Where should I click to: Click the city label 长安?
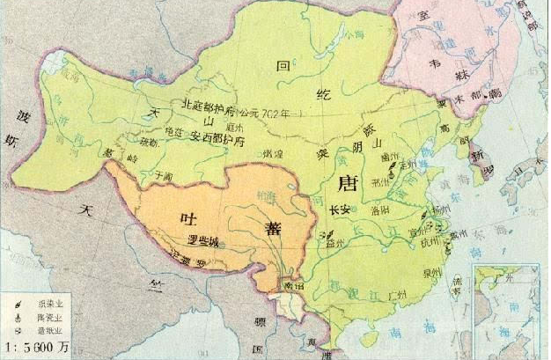[340, 211]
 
